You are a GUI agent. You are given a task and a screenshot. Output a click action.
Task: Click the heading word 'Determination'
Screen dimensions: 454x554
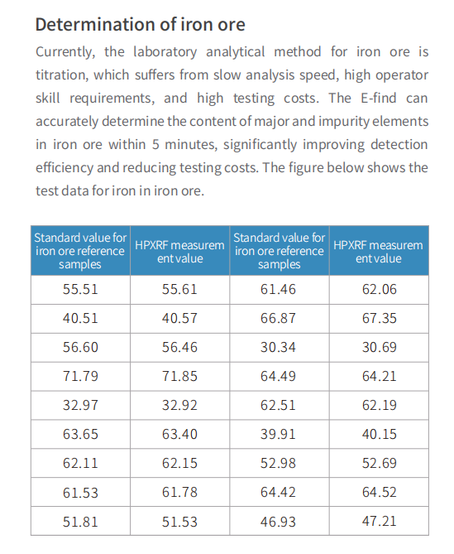coord(95,24)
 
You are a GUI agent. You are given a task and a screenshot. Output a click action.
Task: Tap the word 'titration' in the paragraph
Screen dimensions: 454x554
coord(62,75)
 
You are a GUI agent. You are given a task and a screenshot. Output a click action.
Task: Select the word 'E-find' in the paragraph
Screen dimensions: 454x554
coord(379,98)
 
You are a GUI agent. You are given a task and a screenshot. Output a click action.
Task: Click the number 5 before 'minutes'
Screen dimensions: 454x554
coord(155,145)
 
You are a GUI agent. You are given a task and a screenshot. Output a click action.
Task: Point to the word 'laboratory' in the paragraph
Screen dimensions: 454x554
coord(165,52)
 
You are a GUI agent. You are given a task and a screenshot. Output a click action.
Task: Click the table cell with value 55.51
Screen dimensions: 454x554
coord(80,290)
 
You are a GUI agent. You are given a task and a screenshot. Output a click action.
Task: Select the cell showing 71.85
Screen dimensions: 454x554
coord(180,377)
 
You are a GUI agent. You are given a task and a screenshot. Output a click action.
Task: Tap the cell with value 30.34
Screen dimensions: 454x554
coord(279,348)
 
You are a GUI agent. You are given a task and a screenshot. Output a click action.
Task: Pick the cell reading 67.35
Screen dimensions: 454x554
coord(380,319)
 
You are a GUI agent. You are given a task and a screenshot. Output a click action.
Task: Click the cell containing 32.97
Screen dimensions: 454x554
coord(80,406)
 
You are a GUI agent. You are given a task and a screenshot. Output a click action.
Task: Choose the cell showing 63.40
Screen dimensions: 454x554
coord(180,435)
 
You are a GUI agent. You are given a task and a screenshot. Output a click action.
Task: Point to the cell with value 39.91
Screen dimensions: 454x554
coord(279,435)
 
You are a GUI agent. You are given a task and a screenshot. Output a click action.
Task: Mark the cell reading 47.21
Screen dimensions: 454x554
coord(380,522)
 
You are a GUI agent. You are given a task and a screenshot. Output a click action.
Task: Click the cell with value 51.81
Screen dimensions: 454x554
coord(80,522)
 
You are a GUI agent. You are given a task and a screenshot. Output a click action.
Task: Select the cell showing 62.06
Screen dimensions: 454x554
coord(380,290)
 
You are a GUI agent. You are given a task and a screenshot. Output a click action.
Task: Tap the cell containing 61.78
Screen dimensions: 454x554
coord(180,493)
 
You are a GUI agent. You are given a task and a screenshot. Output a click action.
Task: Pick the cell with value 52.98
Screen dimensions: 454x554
coord(279,464)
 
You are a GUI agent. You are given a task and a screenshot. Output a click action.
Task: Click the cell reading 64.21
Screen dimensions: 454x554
coord(380,377)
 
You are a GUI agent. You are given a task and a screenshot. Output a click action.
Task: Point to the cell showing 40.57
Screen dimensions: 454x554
coord(180,319)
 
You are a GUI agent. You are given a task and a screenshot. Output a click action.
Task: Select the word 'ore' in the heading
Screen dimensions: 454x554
coord(231,25)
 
